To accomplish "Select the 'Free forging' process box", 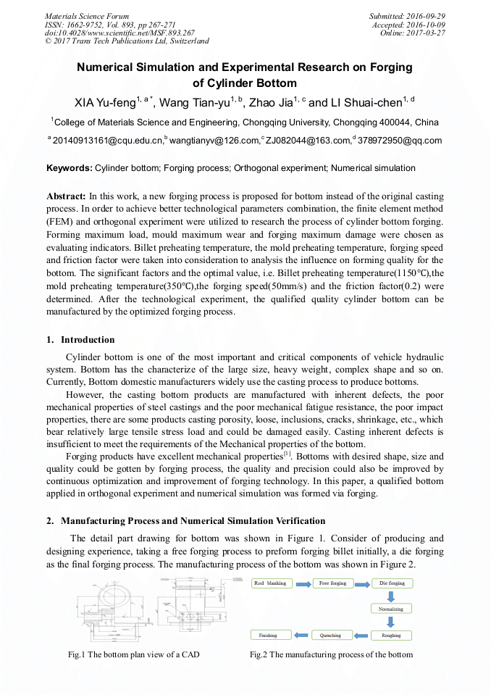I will (332, 583).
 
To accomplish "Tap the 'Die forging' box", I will (392, 583).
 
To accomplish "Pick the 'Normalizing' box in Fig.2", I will (392, 609).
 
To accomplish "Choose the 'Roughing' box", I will (392, 636).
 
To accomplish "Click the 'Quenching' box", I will (330, 636).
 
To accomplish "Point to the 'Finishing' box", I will (269, 636).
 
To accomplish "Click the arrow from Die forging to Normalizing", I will (392, 596).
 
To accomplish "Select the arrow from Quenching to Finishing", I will (301, 636).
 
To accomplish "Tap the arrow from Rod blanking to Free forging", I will (302, 583).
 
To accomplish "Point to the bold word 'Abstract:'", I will (66, 196).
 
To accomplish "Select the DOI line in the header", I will (119, 33).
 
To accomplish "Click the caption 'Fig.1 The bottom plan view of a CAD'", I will (134, 654).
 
